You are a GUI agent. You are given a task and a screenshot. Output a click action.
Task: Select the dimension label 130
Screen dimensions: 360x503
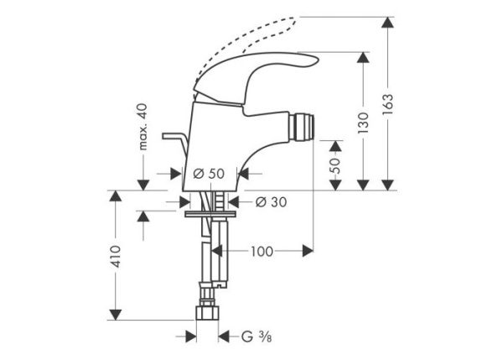click(x=363, y=123)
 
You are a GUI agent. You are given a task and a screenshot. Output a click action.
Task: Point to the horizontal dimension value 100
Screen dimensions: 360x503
click(x=261, y=250)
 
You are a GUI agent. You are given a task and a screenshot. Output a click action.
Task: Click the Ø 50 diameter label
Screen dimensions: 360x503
click(x=209, y=174)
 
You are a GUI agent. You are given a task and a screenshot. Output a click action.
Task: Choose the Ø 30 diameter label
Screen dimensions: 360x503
click(x=266, y=201)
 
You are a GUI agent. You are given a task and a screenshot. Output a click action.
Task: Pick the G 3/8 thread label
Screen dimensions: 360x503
click(x=251, y=337)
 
